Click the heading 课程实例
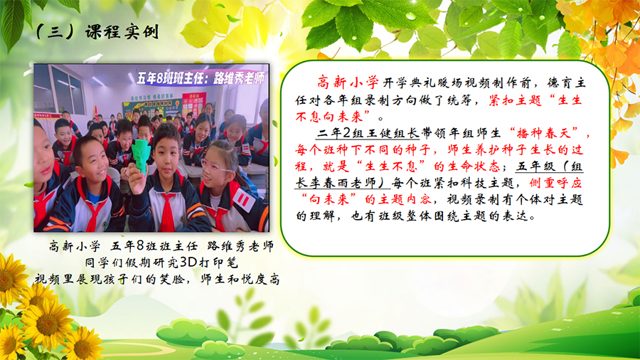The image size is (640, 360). coord(122,32)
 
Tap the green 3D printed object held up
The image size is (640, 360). coord(142,154)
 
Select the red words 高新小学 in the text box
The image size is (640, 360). coord(348,83)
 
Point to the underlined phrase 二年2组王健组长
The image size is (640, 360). coord(368,133)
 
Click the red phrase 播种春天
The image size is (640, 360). coord(544,133)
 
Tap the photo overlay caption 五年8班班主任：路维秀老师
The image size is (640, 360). coord(200,78)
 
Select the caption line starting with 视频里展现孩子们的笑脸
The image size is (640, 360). coord(157,279)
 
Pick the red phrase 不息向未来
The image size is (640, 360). coord(329,117)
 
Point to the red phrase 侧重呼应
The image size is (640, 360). coord(555,184)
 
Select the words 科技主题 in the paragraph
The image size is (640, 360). coord(487,184)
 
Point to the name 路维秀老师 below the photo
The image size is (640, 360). coord(240,246)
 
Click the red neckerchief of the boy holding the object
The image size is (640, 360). coord(167,211)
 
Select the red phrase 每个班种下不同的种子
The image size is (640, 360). coord(363,150)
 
